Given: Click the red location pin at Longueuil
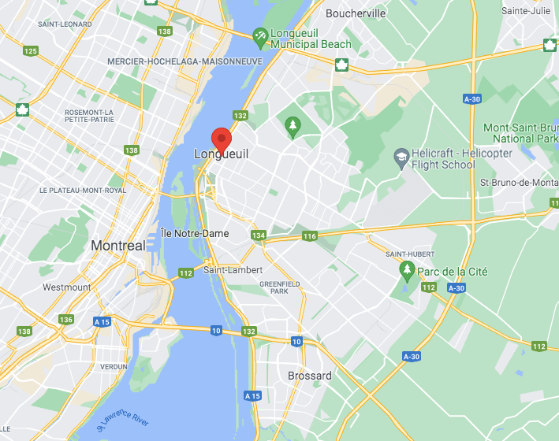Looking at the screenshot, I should coord(222,139).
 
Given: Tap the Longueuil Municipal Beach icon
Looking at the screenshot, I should coord(259,35).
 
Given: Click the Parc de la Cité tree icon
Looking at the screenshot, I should coord(407,272).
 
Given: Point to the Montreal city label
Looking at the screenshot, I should coord(118,246).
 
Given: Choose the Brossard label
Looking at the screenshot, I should coord(310,376).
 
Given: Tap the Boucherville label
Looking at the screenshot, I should coord(356,13).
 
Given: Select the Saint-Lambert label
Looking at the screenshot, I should coord(233,269).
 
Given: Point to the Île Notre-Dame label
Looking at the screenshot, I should coord(195,233).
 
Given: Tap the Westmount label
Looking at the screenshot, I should coord(66,287).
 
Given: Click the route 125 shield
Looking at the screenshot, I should coord(31,51).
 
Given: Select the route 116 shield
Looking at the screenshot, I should coord(309,236).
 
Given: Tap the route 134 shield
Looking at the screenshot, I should coord(259,235).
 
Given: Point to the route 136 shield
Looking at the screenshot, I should coord(66,320).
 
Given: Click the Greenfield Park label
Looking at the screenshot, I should coord(274,287).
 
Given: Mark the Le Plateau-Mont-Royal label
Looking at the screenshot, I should coord(83,191).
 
